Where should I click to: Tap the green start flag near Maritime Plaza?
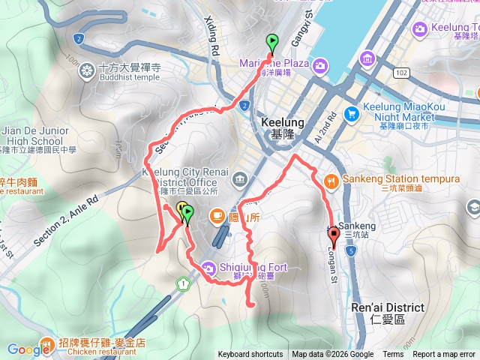pyautogui.click(x=271, y=43)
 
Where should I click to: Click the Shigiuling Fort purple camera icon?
pyautogui.click(x=208, y=265)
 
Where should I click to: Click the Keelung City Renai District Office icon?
pyautogui.click(x=239, y=178)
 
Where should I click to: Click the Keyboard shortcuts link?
pyautogui.click(x=250, y=355)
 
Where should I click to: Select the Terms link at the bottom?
pyautogui.click(x=393, y=355)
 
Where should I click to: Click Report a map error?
pyautogui.click(x=444, y=355)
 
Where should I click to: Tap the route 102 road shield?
pyautogui.click(x=402, y=73)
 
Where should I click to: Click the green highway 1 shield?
pyautogui.click(x=182, y=283)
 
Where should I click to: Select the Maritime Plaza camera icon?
pyautogui.click(x=320, y=65)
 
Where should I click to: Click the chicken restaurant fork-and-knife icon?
pyautogui.click(x=46, y=344)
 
